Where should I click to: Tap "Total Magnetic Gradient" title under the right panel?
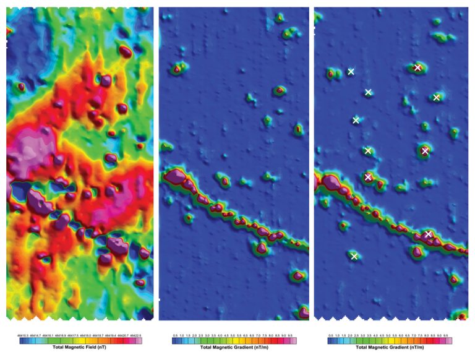pyautogui.click(x=389, y=347)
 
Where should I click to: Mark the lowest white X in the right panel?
pyautogui.click(x=354, y=256)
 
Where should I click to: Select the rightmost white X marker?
pyautogui.click(x=437, y=98)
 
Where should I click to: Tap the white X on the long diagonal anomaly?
pyautogui.click(x=428, y=234)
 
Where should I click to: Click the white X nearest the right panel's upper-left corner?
pyautogui.click(x=351, y=72)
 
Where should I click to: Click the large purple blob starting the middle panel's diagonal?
pyautogui.click(x=175, y=178)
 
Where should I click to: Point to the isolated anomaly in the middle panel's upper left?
pyautogui.click(x=179, y=67)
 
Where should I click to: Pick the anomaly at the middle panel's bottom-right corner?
pyautogui.click(x=303, y=312)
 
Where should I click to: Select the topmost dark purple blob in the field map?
pyautogui.click(x=126, y=51)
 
